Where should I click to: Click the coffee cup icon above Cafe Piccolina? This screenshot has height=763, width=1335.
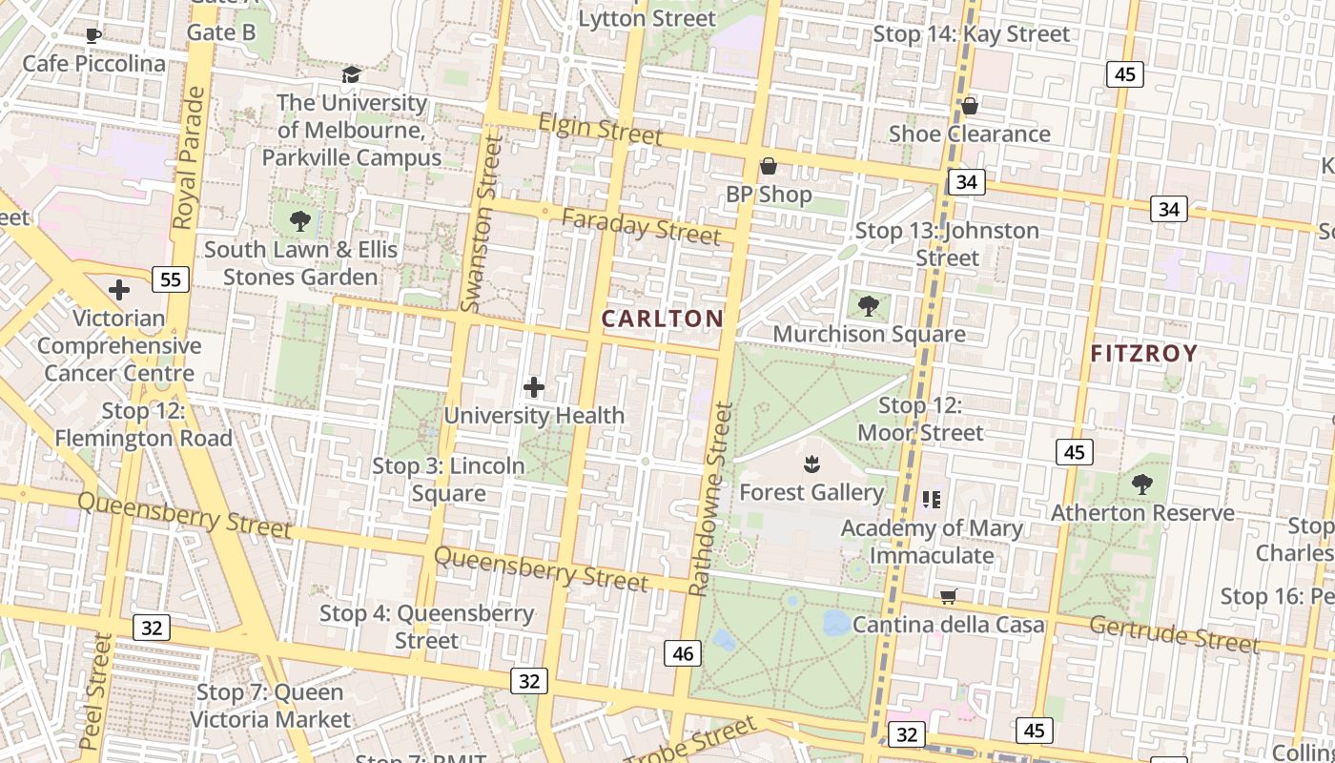point(92,36)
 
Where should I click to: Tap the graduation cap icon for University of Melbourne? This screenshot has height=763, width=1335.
point(351,74)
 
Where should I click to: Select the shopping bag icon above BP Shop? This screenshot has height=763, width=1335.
point(768,167)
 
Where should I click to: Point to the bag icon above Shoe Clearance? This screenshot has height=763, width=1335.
point(969,106)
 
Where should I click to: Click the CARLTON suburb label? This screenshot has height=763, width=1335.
point(662,319)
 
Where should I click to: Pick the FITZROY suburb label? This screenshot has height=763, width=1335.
point(1143,354)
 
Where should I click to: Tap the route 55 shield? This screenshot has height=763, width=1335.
point(171,279)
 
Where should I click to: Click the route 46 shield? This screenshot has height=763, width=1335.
point(683,653)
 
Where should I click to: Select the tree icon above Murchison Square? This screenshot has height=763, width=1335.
point(868,306)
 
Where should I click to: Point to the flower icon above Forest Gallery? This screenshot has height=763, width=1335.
point(811,464)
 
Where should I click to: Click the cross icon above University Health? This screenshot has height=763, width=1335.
point(534,387)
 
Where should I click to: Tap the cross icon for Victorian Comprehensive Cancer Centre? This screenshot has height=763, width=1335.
point(119,290)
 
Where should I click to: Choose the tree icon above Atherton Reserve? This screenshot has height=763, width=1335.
point(1141,485)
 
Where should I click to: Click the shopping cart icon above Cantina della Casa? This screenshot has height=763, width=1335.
point(948,597)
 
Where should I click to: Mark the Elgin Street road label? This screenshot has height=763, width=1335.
point(600,129)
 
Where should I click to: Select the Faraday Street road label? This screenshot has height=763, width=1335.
point(641,226)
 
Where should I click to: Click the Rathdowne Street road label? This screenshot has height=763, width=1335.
point(711,499)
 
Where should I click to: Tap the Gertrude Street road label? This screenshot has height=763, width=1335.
point(1174,633)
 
